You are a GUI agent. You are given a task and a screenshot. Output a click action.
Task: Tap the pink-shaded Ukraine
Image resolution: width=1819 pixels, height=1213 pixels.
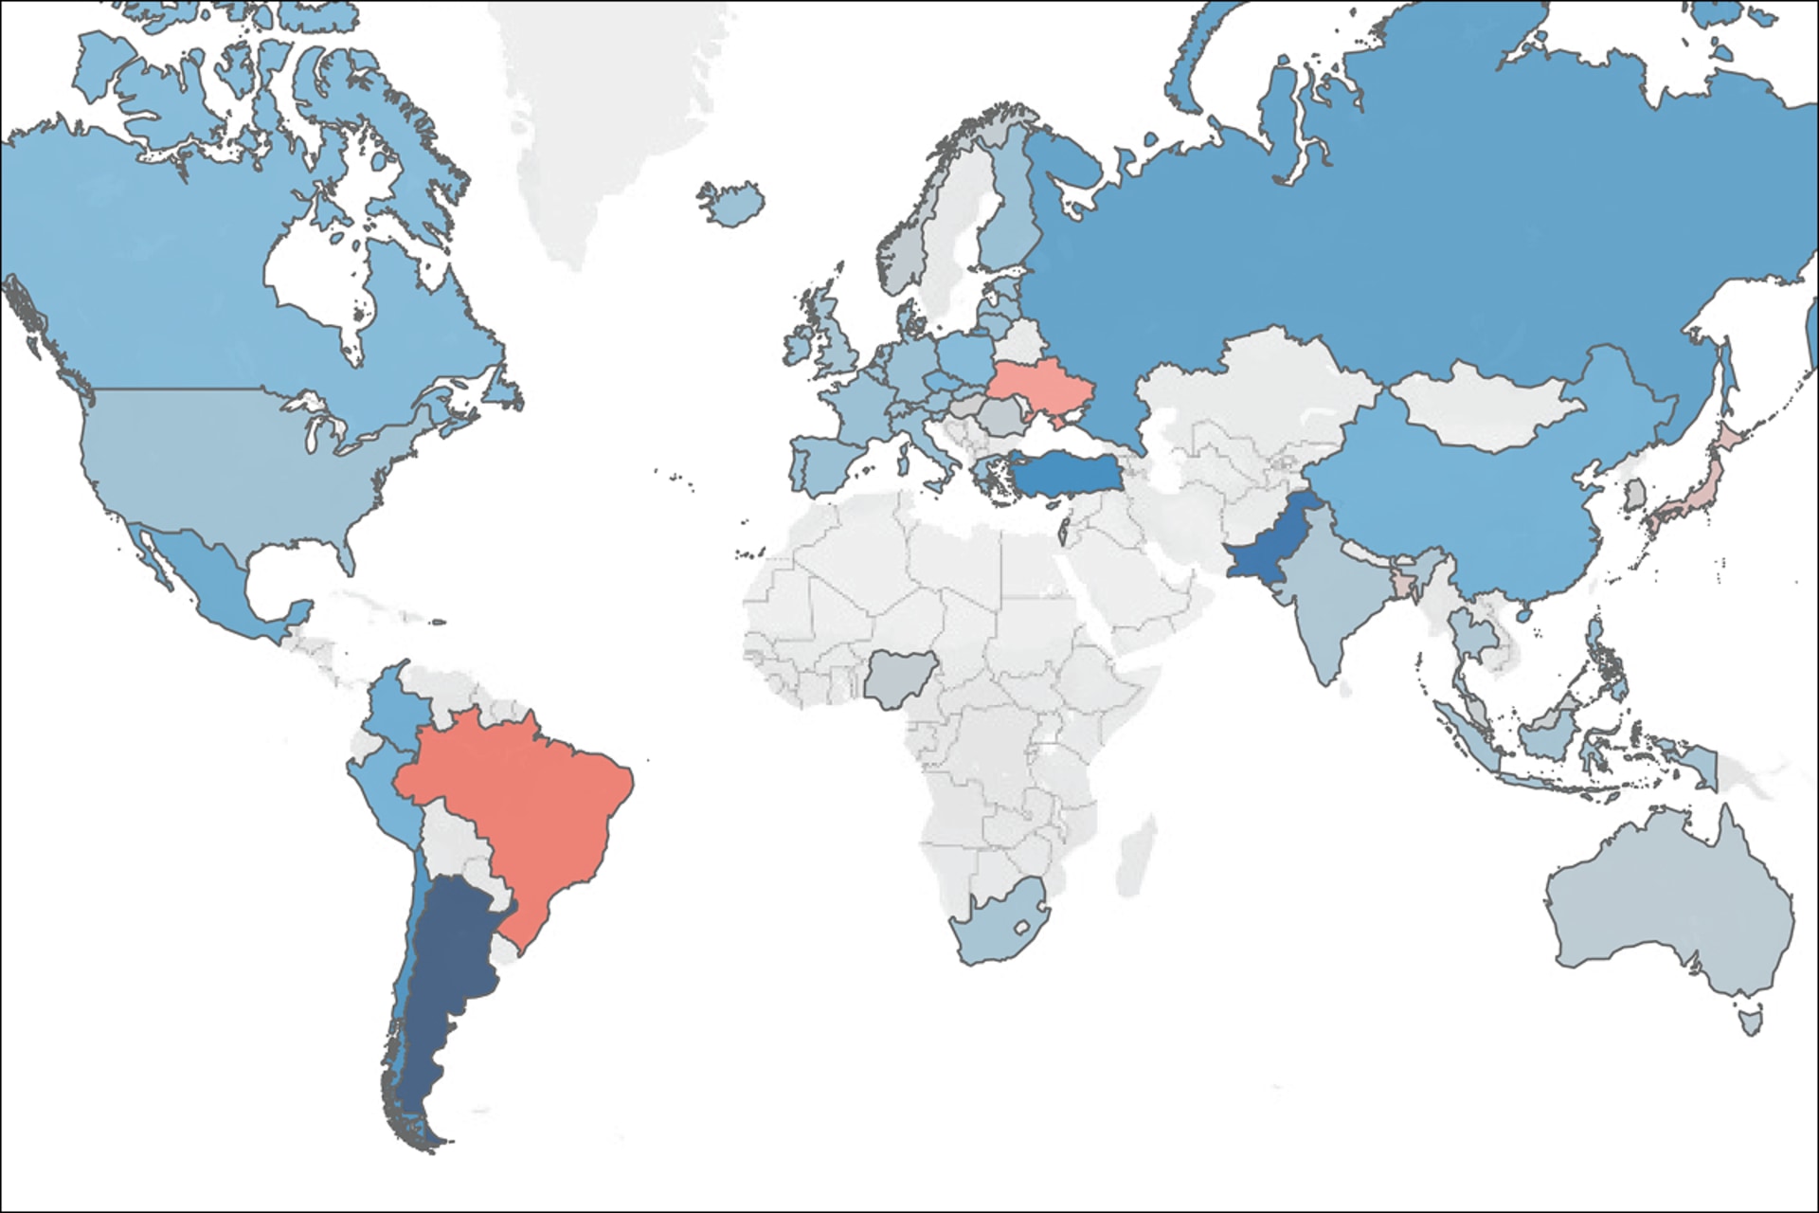1037,384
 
